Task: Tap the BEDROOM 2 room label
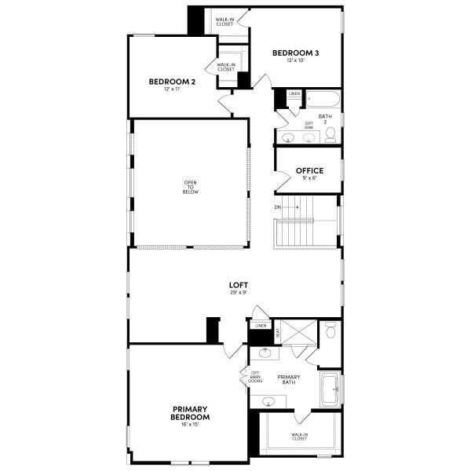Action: [x=172, y=81]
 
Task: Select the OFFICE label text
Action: [x=309, y=170]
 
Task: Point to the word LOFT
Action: [x=238, y=285]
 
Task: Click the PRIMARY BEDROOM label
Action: [x=191, y=413]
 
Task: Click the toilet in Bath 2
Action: [x=330, y=136]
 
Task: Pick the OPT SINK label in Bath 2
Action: [x=309, y=125]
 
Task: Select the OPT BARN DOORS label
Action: [x=255, y=378]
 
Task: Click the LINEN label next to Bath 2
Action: [x=294, y=94]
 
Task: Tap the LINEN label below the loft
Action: [x=261, y=325]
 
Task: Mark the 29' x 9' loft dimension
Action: [x=238, y=293]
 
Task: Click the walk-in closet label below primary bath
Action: [x=299, y=436]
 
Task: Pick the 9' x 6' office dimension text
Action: [x=309, y=179]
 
